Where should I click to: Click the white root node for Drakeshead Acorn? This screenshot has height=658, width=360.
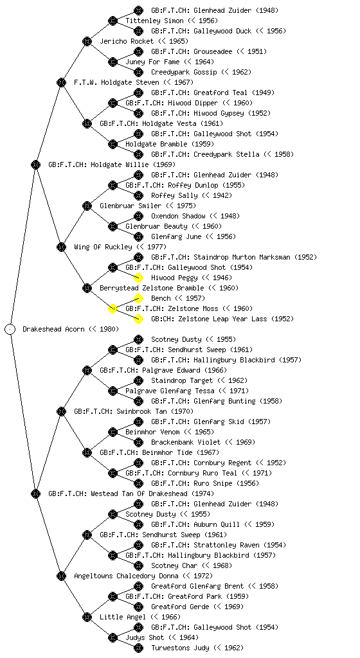click(10, 330)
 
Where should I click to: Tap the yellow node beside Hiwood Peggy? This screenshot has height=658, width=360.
click(138, 278)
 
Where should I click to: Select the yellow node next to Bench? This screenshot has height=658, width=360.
click(138, 298)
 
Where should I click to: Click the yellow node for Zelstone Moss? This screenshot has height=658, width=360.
click(113, 309)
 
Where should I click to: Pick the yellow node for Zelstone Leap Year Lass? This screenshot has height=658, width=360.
click(138, 319)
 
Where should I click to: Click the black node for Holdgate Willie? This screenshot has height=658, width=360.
click(35, 164)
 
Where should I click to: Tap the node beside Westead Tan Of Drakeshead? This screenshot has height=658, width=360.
click(35, 493)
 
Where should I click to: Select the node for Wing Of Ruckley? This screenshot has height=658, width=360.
click(61, 247)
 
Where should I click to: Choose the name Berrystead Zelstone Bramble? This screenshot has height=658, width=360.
click(152, 288)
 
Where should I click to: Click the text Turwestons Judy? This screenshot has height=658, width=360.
click(180, 648)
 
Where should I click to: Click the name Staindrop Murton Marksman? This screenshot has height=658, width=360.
click(242, 257)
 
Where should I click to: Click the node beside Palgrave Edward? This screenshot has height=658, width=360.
click(87, 370)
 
